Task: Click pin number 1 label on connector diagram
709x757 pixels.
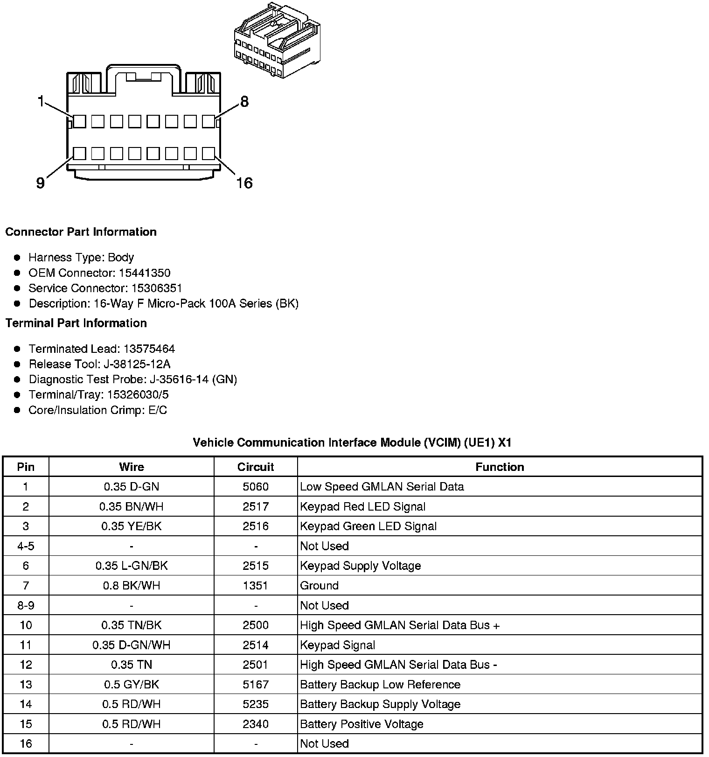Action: [41, 101]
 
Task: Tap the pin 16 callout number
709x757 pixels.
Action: [244, 183]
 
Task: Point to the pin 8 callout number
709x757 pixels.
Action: [244, 101]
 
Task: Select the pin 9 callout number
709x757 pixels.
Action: [41, 183]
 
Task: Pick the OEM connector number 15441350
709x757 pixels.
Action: [144, 273]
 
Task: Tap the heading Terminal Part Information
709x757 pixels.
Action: [76, 323]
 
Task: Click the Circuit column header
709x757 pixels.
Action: [255, 467]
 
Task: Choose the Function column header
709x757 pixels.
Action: [500, 467]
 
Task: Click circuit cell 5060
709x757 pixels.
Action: [255, 487]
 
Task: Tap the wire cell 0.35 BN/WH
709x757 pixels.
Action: [131, 506]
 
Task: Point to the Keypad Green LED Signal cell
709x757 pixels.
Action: [368, 526]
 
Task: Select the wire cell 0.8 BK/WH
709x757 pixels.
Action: [131, 586]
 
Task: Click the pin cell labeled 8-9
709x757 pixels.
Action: [26, 605]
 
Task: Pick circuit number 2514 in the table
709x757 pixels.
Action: [255, 645]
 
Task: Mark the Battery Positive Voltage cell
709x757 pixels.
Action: [361, 724]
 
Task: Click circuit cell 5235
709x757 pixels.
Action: [255, 704]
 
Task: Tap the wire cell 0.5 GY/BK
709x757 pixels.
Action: [131, 685]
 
